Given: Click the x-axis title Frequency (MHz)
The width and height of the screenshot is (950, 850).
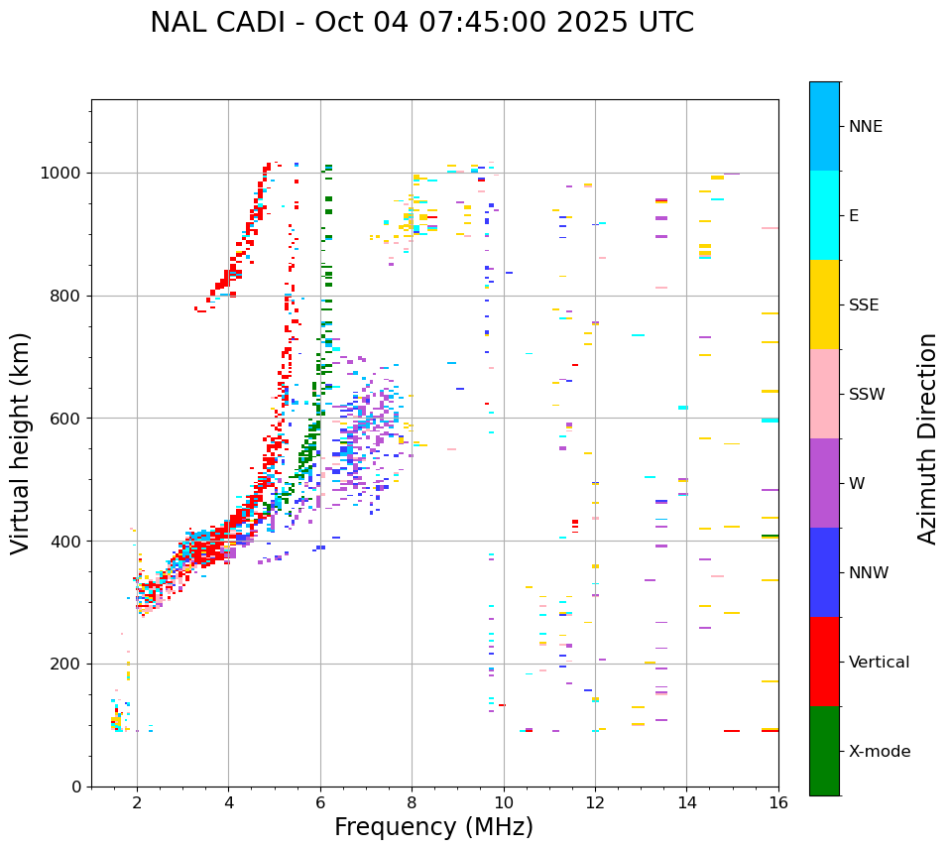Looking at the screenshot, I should tap(433, 827).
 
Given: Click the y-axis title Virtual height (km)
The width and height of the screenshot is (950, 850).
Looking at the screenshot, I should tap(21, 443).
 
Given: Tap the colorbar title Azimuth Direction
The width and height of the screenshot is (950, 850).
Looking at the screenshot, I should tap(927, 438).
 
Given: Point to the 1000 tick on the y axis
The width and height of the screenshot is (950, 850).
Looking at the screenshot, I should tap(66, 173).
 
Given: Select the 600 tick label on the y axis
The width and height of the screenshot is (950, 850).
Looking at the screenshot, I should tap(66, 419).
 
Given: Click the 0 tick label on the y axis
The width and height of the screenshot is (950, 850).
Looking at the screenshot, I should tap(75, 787).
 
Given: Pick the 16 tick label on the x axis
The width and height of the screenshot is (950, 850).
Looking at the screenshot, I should tap(778, 803).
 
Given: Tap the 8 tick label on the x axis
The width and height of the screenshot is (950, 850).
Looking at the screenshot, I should tap(412, 803).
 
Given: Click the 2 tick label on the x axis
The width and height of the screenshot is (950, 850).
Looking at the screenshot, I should tap(137, 803).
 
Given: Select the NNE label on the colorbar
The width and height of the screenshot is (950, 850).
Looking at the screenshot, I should tap(865, 127).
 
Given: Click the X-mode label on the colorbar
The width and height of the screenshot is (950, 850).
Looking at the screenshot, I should tap(880, 752).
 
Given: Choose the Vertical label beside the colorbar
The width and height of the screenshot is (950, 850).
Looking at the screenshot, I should tap(879, 663).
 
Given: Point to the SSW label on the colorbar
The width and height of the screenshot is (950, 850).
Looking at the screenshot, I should tap(867, 395).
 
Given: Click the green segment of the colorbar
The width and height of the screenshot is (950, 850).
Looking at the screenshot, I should tap(824, 751).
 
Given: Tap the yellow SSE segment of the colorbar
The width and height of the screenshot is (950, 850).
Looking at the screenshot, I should tap(824, 304).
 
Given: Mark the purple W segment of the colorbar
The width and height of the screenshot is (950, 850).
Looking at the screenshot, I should tap(824, 483).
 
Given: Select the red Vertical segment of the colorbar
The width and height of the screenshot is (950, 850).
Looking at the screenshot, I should tap(824, 662).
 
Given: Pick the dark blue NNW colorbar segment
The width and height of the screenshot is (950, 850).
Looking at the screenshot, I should tap(824, 572).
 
